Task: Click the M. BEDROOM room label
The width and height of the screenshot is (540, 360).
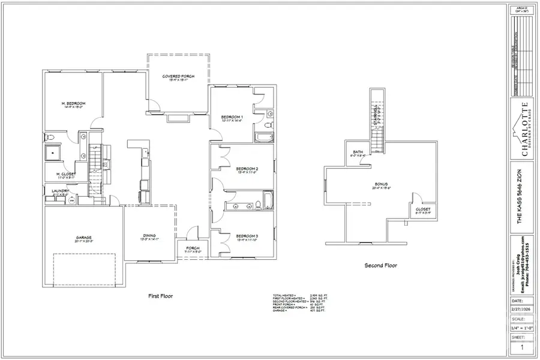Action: coord(74,104)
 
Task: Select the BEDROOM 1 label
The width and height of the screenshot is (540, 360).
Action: coord(232,116)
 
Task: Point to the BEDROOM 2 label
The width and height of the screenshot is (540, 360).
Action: coord(247,169)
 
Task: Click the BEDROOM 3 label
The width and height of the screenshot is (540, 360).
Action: coord(247,236)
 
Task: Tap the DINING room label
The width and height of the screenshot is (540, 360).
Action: coord(149,235)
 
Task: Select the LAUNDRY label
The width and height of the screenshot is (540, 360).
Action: coord(61,191)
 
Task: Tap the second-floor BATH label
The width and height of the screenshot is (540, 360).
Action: coord(358,152)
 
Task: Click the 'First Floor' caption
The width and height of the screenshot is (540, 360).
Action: coord(161,296)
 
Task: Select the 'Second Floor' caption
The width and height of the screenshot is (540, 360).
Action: coord(381,265)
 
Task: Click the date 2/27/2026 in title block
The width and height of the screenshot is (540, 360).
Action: coord(518,310)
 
